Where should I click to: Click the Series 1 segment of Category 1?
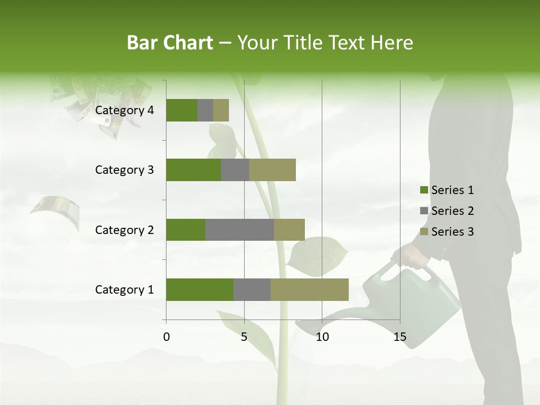(x=200, y=290)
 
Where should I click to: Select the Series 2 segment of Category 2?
(x=240, y=229)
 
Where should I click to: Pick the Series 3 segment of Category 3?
(x=272, y=170)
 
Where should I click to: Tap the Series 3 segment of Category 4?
(x=221, y=110)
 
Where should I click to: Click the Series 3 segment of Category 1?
(x=309, y=290)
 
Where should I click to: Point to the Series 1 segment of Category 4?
(x=182, y=110)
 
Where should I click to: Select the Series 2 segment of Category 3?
(x=235, y=170)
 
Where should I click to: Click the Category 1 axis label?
(x=124, y=290)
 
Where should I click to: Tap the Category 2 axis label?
(x=124, y=229)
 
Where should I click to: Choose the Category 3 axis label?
(x=124, y=170)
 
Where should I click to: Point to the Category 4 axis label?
(x=124, y=110)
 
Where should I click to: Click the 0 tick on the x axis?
(x=166, y=337)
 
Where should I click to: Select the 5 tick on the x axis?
(x=244, y=337)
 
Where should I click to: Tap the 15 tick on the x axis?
(x=400, y=337)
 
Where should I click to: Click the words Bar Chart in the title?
(x=170, y=43)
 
